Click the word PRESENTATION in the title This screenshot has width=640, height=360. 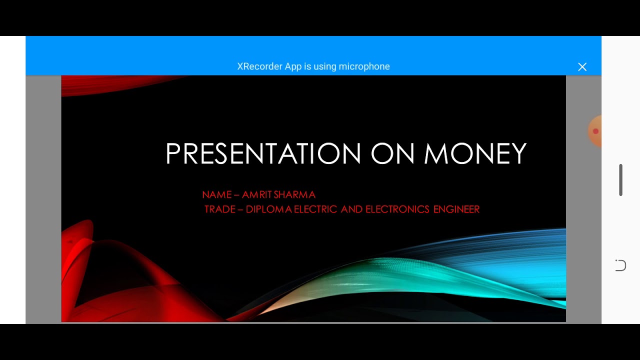(263, 153)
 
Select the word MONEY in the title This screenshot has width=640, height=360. (475, 153)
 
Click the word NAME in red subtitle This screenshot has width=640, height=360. (217, 194)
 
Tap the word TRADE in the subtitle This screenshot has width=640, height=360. (220, 209)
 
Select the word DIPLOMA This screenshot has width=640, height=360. (268, 209)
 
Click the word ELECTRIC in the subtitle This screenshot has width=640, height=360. (315, 209)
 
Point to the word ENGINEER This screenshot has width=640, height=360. (456, 209)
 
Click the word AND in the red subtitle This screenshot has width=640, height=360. (351, 209)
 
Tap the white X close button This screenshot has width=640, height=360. (582, 67)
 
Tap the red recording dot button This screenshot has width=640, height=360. (595, 131)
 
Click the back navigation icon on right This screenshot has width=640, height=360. (620, 265)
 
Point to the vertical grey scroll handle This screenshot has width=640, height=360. (620, 180)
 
